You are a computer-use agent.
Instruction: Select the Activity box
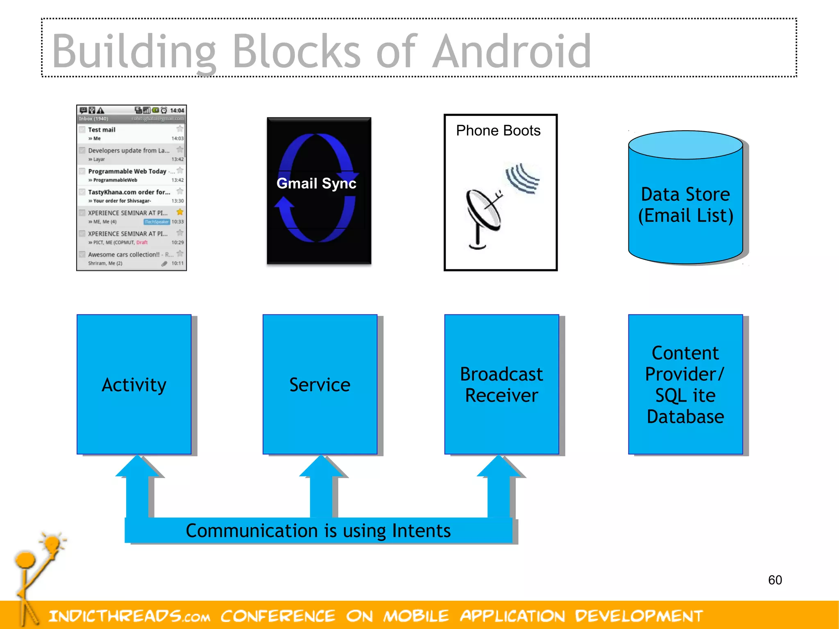[134, 384]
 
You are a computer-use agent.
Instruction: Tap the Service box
[320, 384]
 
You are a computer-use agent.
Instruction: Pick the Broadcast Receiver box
[501, 384]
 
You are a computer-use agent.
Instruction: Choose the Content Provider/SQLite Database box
[685, 384]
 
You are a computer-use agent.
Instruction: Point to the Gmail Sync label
[316, 183]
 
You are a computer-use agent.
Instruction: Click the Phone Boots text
[498, 130]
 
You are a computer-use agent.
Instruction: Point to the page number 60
[775, 580]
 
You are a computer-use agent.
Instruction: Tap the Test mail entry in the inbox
[102, 130]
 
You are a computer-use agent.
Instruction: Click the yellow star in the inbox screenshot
[180, 212]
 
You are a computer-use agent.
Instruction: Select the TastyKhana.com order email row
[129, 195]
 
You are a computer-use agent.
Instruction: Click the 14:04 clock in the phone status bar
[177, 111]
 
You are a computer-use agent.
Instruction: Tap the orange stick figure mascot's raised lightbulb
[52, 544]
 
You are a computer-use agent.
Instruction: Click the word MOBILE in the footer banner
[416, 616]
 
